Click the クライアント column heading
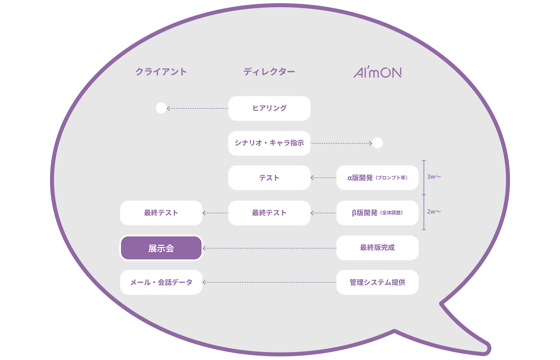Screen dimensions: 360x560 tap(161, 72)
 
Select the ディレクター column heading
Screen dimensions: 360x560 tap(269, 72)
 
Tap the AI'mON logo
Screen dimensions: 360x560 tap(378, 72)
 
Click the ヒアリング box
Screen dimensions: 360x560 tap(269, 108)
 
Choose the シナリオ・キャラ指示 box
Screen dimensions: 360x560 tap(269, 143)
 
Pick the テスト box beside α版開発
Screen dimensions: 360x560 tap(269, 178)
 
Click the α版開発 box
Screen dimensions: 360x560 tap(377, 178)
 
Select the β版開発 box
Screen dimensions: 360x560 tap(377, 213)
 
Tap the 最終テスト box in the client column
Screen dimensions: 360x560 tap(161, 213)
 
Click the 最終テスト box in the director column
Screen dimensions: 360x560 tap(269, 213)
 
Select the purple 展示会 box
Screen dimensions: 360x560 tap(161, 248)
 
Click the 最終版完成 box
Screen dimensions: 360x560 tap(377, 248)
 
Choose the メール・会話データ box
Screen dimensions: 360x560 tap(161, 282)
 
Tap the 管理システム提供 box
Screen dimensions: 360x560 tap(377, 282)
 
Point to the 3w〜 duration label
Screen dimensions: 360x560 tap(434, 177)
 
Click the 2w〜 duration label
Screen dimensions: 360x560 tap(434, 212)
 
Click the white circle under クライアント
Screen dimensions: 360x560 tap(161, 108)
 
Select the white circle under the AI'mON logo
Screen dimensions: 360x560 tap(377, 143)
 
